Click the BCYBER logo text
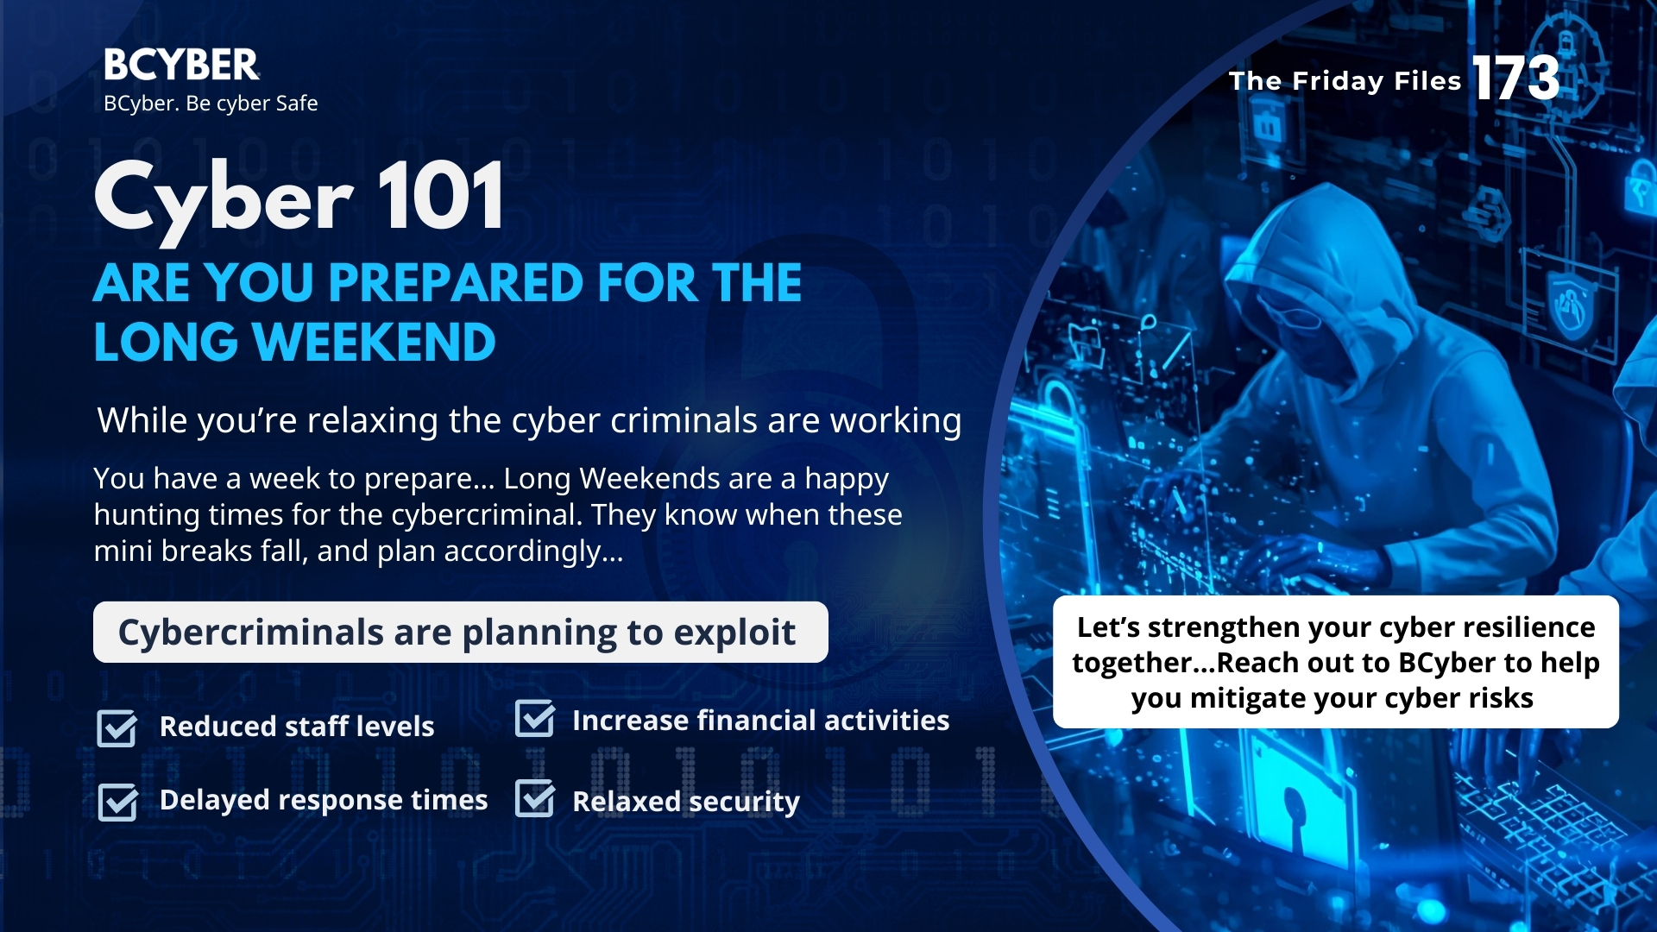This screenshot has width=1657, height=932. tap(181, 65)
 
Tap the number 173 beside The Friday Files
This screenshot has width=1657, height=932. tap(1516, 79)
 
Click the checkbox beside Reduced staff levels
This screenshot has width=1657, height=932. tap(117, 727)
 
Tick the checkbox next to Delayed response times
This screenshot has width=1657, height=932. tap(117, 802)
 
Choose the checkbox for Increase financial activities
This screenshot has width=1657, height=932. tap(535, 719)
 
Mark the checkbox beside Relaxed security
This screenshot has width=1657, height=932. tap(535, 798)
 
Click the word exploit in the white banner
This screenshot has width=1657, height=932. tap(734, 633)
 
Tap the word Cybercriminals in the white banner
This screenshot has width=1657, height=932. tap(251, 633)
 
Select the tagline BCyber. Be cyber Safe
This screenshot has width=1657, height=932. tap(211, 104)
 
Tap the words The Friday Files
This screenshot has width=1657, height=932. tap(1345, 81)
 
